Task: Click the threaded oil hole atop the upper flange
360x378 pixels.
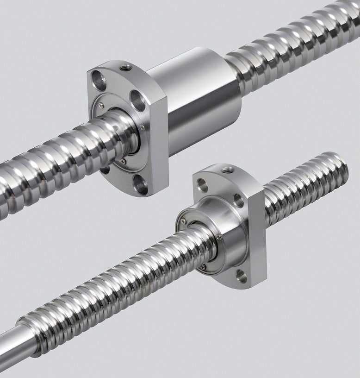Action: pos(124,69)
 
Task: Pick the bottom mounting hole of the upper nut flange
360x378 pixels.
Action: pos(139,184)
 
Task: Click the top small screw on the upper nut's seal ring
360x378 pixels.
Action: pos(101,106)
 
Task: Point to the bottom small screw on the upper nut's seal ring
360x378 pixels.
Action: pos(123,161)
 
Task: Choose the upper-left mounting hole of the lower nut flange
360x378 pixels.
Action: pos(202,184)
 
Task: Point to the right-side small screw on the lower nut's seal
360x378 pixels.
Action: pos(217,238)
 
